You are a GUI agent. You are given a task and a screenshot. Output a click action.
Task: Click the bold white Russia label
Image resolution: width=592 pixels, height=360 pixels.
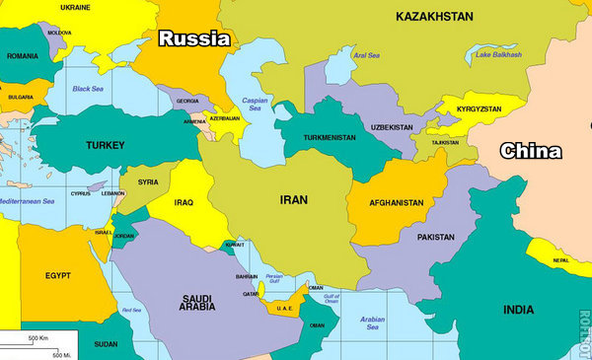[x=194, y=39]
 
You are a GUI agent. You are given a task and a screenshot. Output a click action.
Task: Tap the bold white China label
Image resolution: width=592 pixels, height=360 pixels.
[x=530, y=151]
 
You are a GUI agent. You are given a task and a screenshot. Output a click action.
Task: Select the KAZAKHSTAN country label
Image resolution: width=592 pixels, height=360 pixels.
[x=434, y=17]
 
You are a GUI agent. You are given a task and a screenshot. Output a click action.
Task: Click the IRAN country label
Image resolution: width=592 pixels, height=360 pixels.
[x=293, y=199]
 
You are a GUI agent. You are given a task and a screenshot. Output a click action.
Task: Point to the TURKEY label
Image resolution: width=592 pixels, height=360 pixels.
[x=105, y=146]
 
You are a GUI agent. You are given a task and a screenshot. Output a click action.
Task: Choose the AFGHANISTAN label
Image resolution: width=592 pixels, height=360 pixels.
[x=396, y=203]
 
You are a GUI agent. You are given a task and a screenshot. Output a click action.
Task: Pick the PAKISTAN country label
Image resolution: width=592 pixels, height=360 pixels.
[x=435, y=237]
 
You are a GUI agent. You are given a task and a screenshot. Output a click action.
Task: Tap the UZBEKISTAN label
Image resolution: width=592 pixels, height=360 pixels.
[x=392, y=127]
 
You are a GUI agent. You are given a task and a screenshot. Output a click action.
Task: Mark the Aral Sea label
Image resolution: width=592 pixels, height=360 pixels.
[x=366, y=55]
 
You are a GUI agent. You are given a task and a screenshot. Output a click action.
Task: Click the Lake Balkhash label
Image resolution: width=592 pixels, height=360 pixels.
[x=497, y=54]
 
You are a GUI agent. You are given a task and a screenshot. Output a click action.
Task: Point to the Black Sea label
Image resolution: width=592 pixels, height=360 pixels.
[x=88, y=90]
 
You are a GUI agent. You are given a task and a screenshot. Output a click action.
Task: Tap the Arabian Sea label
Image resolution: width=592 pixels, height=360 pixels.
[x=372, y=323]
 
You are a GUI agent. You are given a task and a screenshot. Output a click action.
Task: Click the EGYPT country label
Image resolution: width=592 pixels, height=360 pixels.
[x=57, y=275]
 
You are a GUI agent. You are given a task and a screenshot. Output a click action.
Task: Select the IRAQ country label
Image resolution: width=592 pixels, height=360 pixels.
[x=184, y=203]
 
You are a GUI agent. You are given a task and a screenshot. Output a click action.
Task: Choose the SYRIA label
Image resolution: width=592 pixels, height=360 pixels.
[x=148, y=182]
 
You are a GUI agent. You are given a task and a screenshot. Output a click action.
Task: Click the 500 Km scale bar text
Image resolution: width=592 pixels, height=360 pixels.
[x=38, y=338]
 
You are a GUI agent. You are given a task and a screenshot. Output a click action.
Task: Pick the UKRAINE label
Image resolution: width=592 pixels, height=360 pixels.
[x=75, y=7]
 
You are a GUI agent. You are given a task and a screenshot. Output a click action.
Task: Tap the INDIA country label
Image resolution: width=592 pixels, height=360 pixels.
[x=518, y=309]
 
